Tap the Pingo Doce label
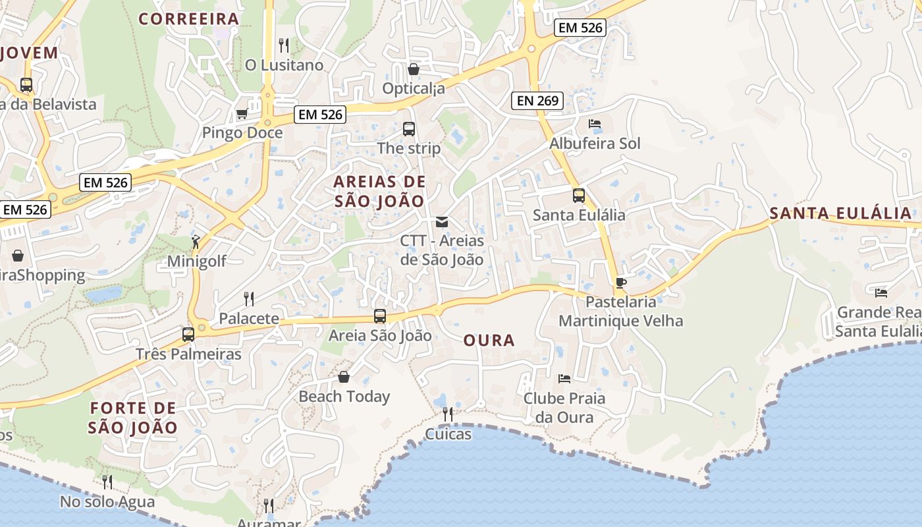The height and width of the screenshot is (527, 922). point(242,132)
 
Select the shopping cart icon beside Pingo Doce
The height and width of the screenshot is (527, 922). point(242,113)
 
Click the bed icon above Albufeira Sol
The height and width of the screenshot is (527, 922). point(594,124)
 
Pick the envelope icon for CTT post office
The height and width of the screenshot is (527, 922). point(442,222)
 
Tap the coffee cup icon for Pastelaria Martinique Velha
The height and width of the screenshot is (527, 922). point(620,283)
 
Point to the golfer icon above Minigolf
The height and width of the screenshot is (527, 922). point(196,242)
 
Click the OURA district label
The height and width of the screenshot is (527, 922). point(489,340)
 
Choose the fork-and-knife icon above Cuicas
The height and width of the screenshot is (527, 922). point(448,414)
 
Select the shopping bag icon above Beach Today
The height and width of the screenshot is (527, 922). point(344,377)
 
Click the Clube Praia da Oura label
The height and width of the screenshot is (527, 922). point(564,408)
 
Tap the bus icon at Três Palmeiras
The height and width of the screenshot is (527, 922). point(188,335)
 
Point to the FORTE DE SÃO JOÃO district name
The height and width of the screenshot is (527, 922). point(133,418)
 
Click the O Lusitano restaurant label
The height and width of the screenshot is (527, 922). point(285,65)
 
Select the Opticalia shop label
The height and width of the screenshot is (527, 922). point(414,88)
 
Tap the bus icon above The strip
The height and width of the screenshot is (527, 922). point(409,129)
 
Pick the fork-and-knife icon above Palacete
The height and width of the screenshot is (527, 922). point(249,299)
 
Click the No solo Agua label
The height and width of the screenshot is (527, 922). point(107,502)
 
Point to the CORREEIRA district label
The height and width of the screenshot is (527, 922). point(188,18)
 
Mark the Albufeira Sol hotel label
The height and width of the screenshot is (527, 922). point(595,144)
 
